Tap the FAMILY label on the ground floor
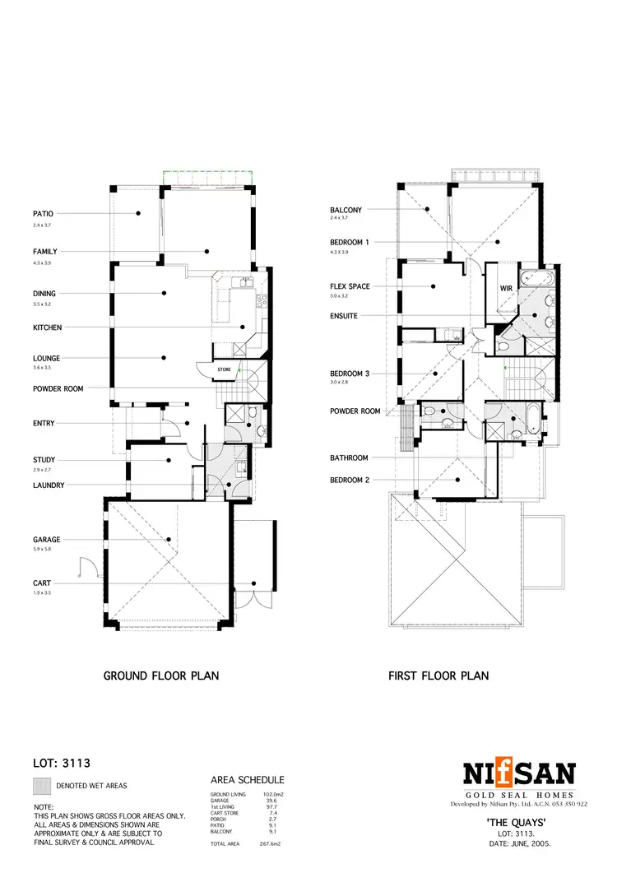click(x=44, y=251)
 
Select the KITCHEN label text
click(x=47, y=327)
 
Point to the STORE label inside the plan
click(x=225, y=370)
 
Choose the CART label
click(x=42, y=583)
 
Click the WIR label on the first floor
click(x=507, y=289)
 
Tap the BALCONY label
click(x=346, y=210)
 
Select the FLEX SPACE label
click(x=350, y=286)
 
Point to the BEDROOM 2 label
click(x=350, y=479)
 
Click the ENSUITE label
click(x=344, y=316)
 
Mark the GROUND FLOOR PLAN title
click(x=160, y=676)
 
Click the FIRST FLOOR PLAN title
click(x=438, y=676)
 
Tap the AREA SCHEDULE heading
click(x=248, y=779)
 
